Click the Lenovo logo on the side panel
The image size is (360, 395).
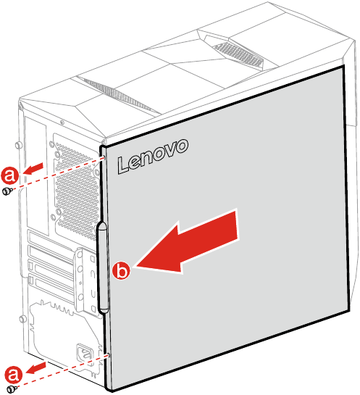click(153, 155)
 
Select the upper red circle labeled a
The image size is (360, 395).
click(9, 175)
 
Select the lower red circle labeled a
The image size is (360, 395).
click(13, 373)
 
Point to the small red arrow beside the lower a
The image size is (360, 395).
click(37, 367)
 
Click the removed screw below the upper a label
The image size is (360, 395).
click(7, 191)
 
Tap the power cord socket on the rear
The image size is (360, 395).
click(84, 354)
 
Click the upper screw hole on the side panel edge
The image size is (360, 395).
click(106, 158)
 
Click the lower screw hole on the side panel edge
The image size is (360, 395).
click(108, 356)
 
